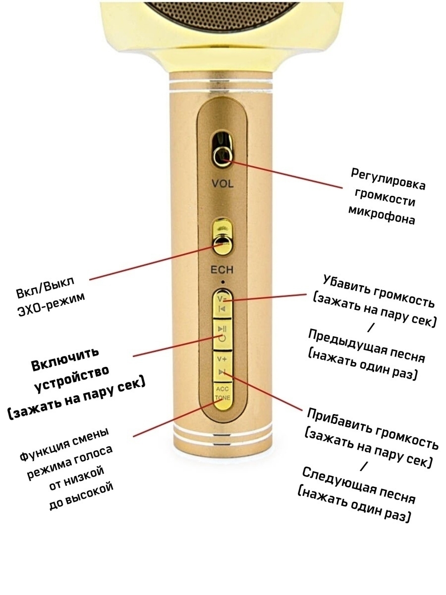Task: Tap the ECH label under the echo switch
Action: point(222,271)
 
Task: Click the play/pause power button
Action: point(222,333)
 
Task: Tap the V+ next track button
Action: point(222,365)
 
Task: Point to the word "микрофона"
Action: point(382,216)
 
